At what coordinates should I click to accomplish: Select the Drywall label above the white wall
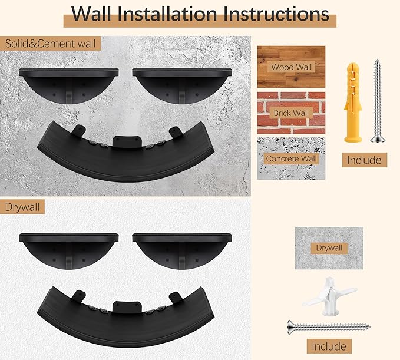(22, 207)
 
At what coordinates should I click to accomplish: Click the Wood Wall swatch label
(291, 67)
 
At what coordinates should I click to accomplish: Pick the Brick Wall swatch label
(291, 113)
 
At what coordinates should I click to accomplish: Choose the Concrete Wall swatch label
(291, 158)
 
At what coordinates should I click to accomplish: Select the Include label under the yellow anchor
(363, 160)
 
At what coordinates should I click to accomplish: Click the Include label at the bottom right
(328, 346)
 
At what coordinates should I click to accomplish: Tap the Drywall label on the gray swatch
(328, 248)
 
